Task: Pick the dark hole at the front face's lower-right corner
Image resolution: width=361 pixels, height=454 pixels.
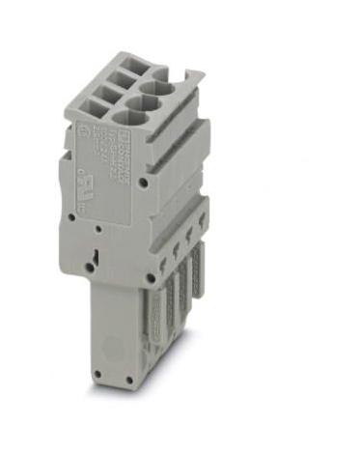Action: (x=150, y=281)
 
